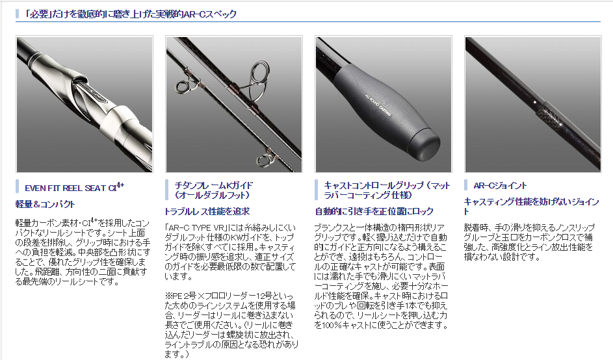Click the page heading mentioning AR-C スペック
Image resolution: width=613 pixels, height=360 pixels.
point(130,14)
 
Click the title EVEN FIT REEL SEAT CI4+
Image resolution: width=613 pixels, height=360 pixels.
point(74,188)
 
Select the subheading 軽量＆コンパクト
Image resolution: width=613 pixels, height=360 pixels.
point(45,204)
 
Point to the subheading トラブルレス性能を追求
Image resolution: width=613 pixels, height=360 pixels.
point(207,211)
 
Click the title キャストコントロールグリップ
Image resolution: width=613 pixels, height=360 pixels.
point(387,190)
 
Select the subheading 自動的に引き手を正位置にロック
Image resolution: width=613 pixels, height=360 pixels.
point(374,211)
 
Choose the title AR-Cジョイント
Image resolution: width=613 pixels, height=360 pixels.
point(500,186)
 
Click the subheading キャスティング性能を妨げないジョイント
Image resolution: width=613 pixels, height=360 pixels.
point(531,207)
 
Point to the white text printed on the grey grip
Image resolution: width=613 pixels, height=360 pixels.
point(378,105)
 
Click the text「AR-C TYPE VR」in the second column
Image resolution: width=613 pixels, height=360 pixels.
point(198,228)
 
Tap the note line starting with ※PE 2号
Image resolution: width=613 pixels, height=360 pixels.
point(229,296)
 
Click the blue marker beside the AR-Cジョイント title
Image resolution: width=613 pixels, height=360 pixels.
point(466,186)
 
